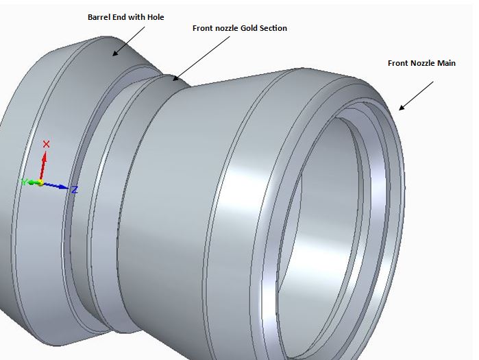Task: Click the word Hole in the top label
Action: [156, 17]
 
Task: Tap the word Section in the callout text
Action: [273, 28]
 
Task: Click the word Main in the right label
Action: [446, 63]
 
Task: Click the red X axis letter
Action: [46, 144]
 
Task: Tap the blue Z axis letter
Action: [75, 190]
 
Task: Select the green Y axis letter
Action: [23, 182]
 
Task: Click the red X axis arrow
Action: [43, 166]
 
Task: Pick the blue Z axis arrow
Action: [55, 186]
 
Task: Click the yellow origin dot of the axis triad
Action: [40, 183]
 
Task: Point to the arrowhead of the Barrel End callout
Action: [115, 53]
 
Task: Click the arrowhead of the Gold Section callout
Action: [175, 78]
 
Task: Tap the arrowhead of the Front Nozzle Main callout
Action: [402, 107]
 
